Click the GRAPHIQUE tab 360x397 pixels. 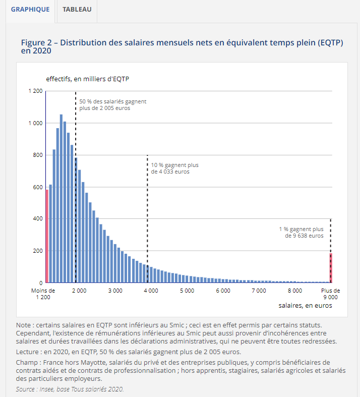tap(30, 10)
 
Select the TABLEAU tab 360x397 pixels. tap(77, 10)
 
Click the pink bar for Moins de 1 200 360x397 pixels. tap(47, 236)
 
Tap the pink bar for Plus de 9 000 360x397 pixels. tap(331, 268)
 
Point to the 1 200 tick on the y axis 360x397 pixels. tap(36, 91)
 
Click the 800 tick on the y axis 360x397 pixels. tap(38, 155)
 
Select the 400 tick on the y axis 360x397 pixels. tap(38, 219)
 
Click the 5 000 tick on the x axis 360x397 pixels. tap(187, 291)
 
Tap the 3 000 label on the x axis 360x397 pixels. tap(115, 291)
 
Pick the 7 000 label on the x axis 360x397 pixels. tap(259, 291)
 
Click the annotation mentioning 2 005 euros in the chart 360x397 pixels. tap(112, 105)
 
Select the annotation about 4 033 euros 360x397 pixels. tap(174, 168)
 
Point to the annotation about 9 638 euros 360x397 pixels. tap(302, 232)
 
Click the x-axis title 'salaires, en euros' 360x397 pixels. tap(305, 306)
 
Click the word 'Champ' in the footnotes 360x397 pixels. tap(27, 362)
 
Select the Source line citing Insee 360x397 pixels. tap(70, 389)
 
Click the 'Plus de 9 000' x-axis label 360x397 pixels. tap(331, 294)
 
